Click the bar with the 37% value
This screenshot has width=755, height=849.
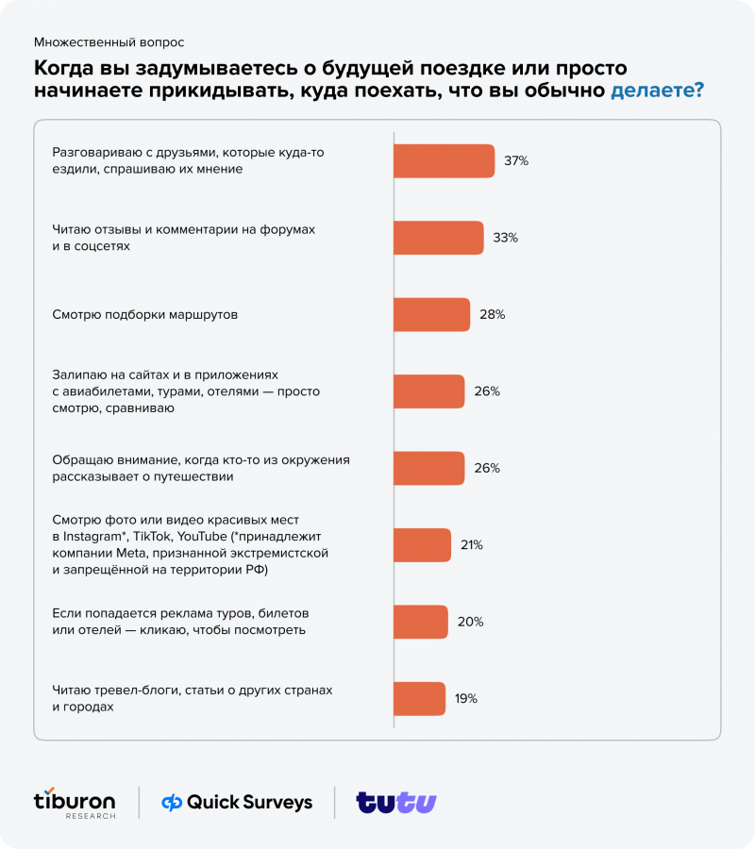444,160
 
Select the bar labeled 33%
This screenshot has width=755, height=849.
438,238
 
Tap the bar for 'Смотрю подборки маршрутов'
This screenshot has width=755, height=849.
431,314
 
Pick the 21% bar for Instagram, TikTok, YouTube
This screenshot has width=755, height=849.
420,544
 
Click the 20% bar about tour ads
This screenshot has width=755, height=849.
420,622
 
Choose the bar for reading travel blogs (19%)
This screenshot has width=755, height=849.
419,698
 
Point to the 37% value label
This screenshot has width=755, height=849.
515,161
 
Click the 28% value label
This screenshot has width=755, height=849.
492,315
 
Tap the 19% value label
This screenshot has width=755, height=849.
466,699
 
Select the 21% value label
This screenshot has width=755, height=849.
472,545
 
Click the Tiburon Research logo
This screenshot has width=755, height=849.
75,802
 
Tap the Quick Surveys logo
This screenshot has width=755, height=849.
237,802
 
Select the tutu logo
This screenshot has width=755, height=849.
396,802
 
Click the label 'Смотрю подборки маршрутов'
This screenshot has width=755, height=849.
144,315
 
